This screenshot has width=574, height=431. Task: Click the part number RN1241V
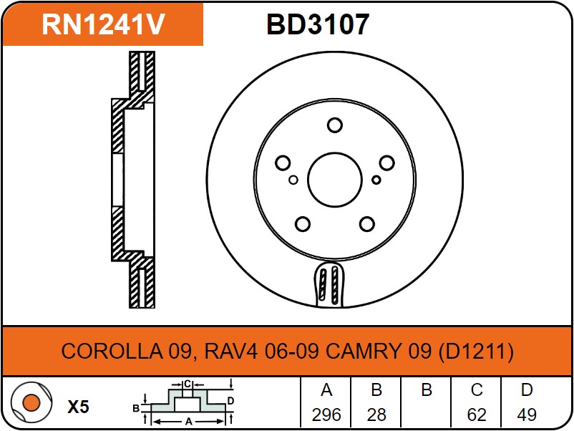point(103,24)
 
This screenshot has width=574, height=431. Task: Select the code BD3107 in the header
point(318,24)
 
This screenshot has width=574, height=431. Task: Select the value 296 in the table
point(326,415)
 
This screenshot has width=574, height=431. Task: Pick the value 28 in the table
point(376,415)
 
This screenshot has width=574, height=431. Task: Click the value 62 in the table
point(477,415)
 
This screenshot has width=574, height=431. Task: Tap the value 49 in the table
point(527,415)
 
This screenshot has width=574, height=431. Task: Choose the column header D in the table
point(527,391)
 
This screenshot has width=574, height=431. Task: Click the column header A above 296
point(326,391)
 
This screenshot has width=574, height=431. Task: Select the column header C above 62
point(477,391)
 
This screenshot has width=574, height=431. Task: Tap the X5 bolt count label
point(78,407)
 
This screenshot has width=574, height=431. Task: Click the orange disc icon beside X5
point(30,403)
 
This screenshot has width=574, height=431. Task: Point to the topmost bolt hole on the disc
point(334,126)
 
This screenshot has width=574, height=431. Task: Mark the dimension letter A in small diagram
point(189,422)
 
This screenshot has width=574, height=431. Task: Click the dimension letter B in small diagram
point(135,408)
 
